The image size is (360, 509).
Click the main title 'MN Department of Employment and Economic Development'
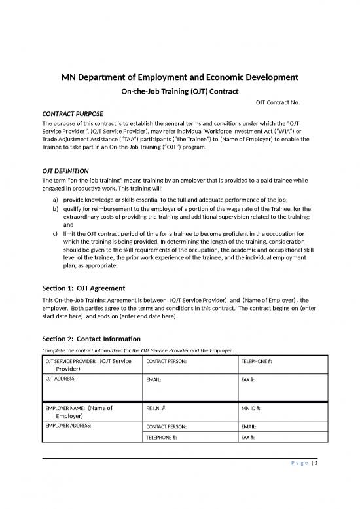[180, 77]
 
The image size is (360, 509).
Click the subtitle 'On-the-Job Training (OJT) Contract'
[180, 91]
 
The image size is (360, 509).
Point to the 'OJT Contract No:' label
[277, 103]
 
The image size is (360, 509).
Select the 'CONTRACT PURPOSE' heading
[71, 113]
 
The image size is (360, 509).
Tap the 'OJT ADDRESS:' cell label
[61, 379]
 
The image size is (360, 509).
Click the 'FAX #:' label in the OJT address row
[249, 379]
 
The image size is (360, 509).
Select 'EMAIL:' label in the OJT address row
[154, 379]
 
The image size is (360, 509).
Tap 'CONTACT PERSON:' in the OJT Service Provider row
[166, 361]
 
